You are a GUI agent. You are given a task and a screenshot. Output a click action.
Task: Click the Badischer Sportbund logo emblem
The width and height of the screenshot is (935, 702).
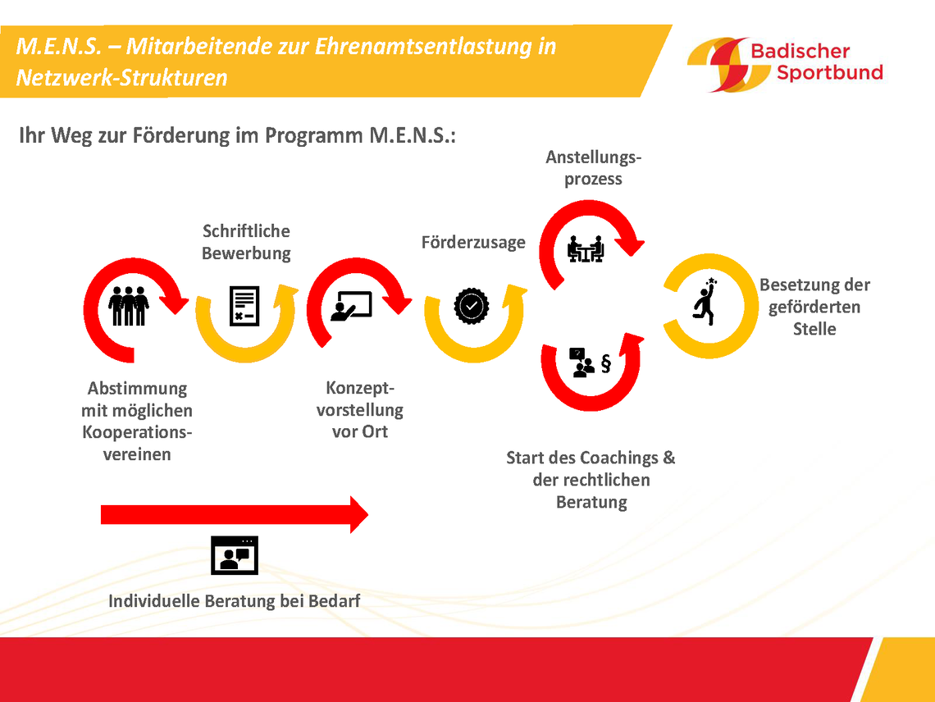(x=727, y=65)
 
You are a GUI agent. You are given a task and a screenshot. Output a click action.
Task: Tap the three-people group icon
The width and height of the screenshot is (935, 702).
(x=128, y=306)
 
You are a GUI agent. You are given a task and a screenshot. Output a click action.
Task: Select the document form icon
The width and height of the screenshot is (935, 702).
(x=244, y=306)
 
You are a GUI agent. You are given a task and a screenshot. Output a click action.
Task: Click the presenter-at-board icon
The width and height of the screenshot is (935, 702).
(x=351, y=306)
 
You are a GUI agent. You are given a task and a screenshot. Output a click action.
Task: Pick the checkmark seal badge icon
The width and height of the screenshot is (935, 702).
(x=472, y=306)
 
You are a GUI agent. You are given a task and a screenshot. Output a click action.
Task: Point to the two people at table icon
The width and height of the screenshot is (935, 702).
(x=586, y=248)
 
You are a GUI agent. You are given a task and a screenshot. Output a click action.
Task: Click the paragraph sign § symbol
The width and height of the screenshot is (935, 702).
(x=606, y=363)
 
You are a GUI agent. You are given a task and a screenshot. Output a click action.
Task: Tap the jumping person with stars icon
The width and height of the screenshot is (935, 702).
(x=705, y=301)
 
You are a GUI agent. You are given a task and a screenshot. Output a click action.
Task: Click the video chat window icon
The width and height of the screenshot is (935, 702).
(x=235, y=555)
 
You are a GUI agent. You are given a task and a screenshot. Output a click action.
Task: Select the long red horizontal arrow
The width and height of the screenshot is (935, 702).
(x=235, y=514)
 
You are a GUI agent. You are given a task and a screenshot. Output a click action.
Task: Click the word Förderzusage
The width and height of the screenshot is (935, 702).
(x=473, y=243)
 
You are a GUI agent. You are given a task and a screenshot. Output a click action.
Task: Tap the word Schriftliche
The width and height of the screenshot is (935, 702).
(x=246, y=230)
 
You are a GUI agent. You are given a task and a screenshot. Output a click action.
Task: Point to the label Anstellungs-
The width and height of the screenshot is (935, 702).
(x=593, y=157)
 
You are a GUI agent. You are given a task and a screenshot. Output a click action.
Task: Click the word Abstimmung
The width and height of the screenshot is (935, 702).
(x=137, y=389)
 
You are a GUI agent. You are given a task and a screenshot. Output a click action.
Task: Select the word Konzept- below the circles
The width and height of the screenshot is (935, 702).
(x=360, y=388)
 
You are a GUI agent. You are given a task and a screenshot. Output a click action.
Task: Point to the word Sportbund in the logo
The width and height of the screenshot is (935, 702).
(x=829, y=73)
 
